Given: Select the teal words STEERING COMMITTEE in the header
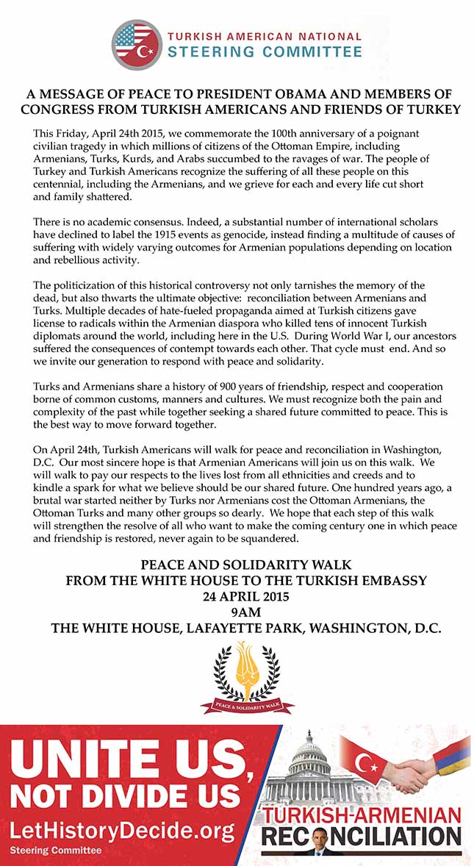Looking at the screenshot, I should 265,51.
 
